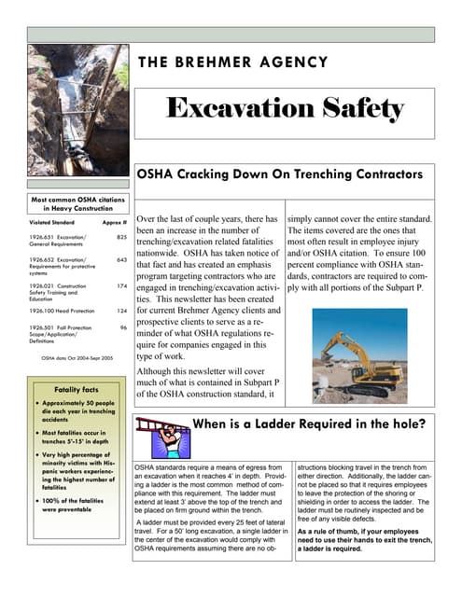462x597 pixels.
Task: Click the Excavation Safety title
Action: click(285, 109)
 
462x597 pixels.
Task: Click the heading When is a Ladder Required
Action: click(309, 425)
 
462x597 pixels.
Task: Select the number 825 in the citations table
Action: click(121, 239)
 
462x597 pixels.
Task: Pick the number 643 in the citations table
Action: click(121, 260)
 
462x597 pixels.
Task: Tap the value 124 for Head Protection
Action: click(121, 310)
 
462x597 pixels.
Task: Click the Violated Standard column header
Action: click(52, 224)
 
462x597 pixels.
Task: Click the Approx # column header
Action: click(114, 224)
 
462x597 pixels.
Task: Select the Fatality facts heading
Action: click(77, 389)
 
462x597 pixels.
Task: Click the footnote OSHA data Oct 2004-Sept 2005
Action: click(77, 357)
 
